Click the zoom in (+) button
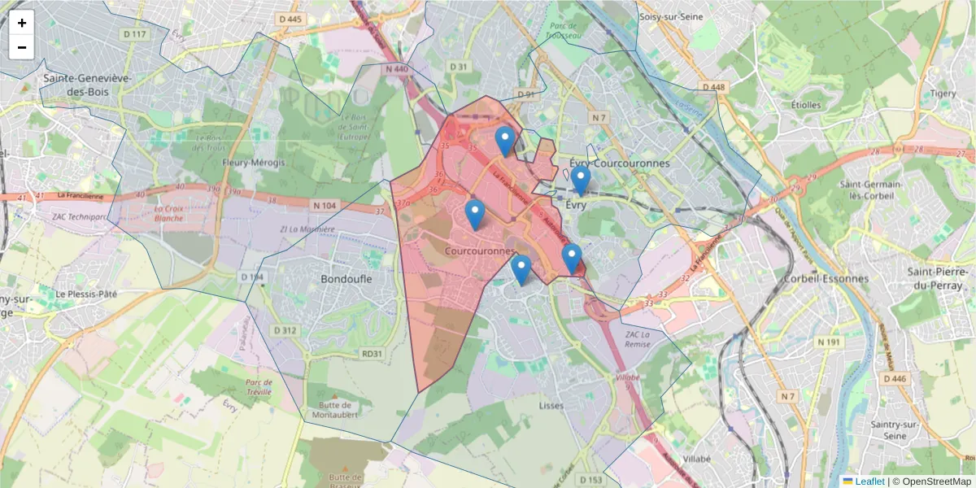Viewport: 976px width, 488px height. tap(22, 23)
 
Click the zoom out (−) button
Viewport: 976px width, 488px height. tap(22, 47)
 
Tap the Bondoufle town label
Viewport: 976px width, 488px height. tap(346, 279)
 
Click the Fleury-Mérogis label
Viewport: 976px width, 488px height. tap(254, 163)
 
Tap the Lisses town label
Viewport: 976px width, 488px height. tap(551, 405)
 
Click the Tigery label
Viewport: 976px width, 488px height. tap(943, 94)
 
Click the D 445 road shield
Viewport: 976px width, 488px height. tap(290, 19)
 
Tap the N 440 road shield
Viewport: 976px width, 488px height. tap(397, 70)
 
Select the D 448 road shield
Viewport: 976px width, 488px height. tap(712, 87)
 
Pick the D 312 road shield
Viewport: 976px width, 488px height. tap(285, 330)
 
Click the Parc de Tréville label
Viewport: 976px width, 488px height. tap(259, 386)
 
